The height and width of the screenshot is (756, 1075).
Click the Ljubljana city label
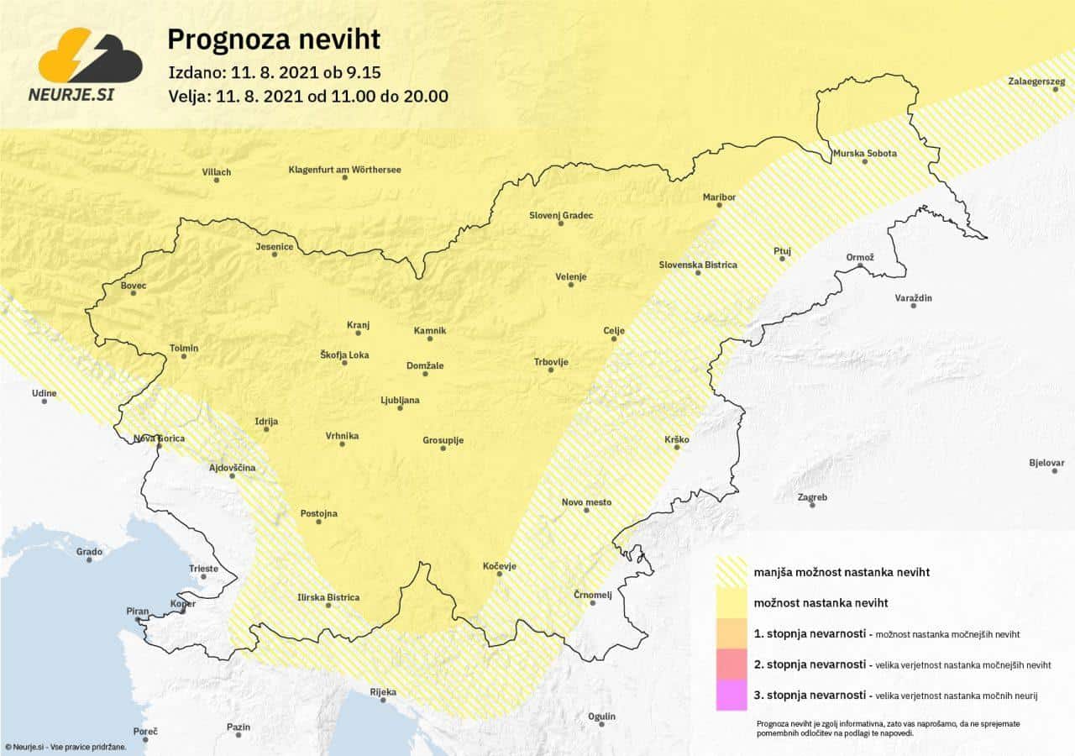tap(400, 400)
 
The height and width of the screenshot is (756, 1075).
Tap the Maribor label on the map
tap(719, 197)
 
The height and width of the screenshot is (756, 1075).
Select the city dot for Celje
tap(615, 339)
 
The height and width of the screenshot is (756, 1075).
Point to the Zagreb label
tap(812, 497)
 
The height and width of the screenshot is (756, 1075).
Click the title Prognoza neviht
tap(274, 39)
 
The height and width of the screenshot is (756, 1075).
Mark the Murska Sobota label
tap(864, 154)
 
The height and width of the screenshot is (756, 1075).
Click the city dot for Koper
tap(183, 612)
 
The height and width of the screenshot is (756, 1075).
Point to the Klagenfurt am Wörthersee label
tap(344, 170)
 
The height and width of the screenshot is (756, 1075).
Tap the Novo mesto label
tap(586, 502)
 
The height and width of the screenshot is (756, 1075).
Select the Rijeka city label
tap(383, 692)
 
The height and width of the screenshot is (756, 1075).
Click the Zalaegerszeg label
tap(1036, 81)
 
